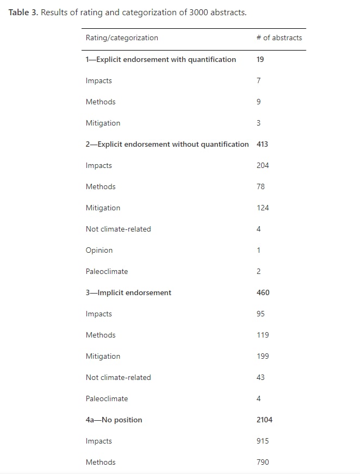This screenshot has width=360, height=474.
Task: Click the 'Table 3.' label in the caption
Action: (x=23, y=12)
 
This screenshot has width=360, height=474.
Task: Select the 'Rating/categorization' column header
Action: (x=122, y=38)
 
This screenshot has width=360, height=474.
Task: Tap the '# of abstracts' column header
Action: (x=279, y=38)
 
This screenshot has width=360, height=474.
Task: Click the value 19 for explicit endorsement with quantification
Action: (x=260, y=59)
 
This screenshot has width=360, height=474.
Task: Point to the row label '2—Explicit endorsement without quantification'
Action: (x=167, y=144)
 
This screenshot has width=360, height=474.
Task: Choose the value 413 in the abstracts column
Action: (x=262, y=144)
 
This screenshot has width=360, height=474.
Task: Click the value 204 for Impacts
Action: (x=262, y=165)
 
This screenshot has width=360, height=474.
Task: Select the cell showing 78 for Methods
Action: (x=260, y=186)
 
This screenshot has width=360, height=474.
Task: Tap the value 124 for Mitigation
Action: (x=262, y=208)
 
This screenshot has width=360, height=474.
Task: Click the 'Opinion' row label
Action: (x=99, y=250)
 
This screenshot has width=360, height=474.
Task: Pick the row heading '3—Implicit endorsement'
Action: (x=128, y=292)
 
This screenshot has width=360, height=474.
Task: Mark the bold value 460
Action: (x=263, y=292)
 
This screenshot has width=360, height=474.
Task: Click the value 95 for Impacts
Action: (x=260, y=314)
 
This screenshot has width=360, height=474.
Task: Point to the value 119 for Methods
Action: (x=262, y=335)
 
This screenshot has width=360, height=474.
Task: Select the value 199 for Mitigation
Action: (x=262, y=356)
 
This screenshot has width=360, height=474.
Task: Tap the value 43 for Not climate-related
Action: (x=260, y=377)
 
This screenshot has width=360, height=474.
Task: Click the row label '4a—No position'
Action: (x=114, y=420)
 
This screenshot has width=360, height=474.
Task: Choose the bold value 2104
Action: (x=264, y=420)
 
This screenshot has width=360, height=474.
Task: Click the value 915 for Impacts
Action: (x=262, y=441)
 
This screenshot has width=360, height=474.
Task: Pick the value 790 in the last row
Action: (x=262, y=462)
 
